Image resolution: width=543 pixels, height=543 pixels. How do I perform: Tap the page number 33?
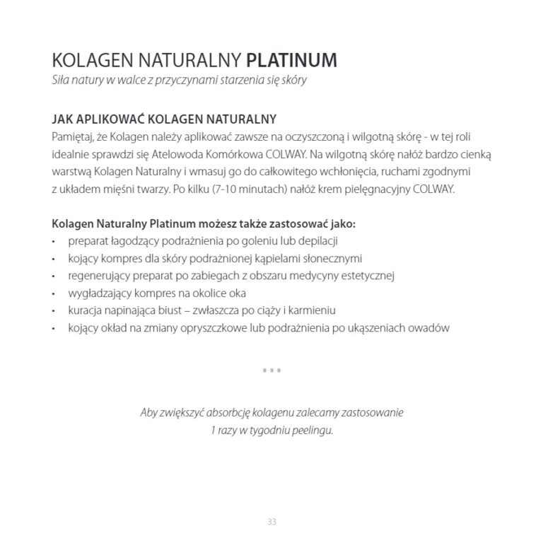coord(271,522)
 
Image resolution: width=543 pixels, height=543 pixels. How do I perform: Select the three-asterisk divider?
coord(271,371)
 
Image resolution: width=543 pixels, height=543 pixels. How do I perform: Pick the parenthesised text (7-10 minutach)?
coord(244,190)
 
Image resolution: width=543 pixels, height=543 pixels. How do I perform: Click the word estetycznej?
coord(366,275)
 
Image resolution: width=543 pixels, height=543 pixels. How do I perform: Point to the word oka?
coord(257,293)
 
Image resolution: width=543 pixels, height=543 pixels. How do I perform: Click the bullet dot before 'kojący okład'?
coord(55,328)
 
